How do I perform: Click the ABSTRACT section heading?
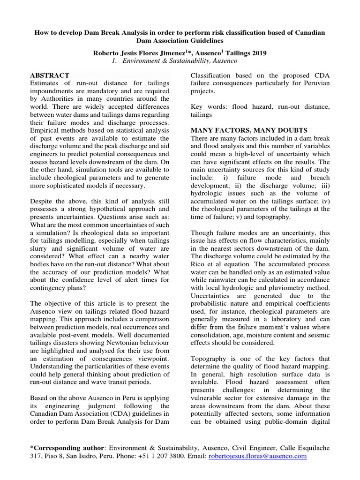coord(50,75)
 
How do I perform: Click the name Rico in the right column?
coord(198,264)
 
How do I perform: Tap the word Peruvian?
coord(315,83)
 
